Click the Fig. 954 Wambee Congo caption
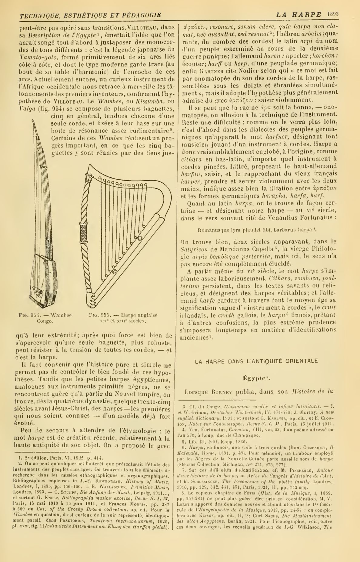[x=45, y=318]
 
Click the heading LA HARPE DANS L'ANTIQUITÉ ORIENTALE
[x=256, y=361]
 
